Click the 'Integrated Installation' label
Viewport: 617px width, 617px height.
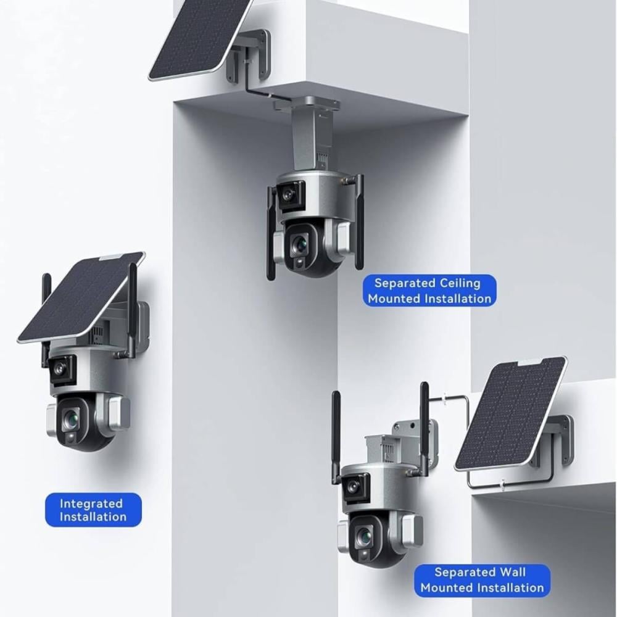[93, 510]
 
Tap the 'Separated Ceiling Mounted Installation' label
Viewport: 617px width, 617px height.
[429, 291]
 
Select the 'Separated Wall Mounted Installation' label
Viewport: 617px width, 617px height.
[482, 580]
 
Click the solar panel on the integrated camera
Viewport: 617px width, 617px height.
[81, 297]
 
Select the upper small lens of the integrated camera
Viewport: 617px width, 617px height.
[59, 368]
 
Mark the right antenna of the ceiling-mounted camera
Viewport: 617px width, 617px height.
[358, 222]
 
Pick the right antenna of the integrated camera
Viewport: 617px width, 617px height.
[133, 310]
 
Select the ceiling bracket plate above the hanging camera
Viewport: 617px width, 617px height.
[307, 105]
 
